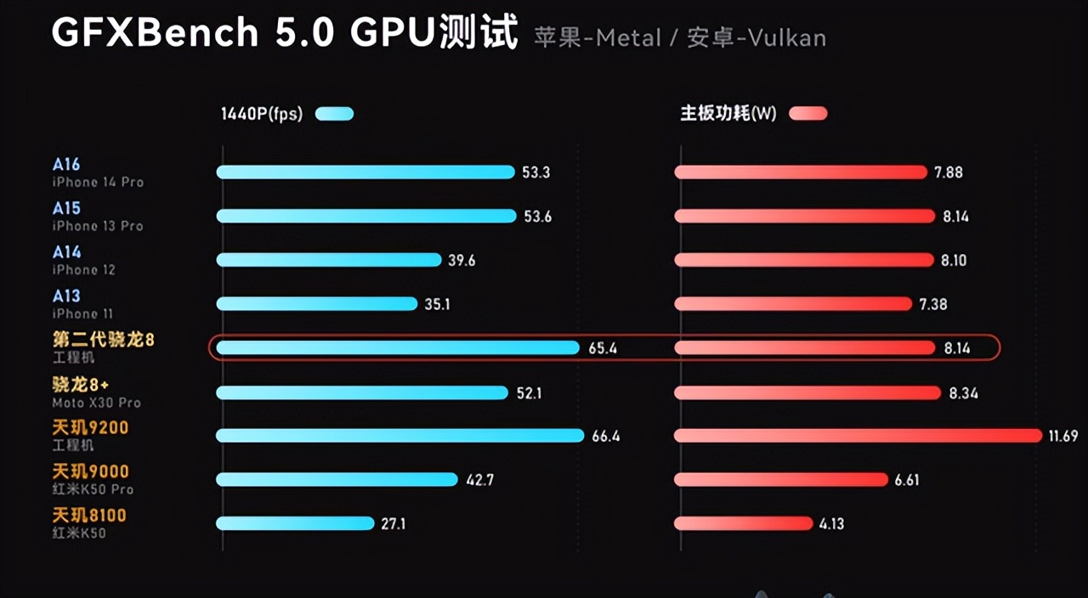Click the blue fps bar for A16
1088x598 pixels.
click(x=365, y=172)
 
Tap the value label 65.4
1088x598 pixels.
click(x=603, y=348)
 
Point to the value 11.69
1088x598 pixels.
click(x=1063, y=437)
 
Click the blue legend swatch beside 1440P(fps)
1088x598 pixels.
click(x=334, y=114)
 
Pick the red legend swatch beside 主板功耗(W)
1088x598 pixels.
click(x=807, y=114)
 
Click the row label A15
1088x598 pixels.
click(x=66, y=208)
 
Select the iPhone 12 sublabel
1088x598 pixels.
click(x=83, y=270)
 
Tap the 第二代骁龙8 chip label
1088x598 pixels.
click(x=104, y=340)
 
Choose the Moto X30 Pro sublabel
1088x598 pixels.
click(x=96, y=403)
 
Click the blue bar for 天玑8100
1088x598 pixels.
click(x=295, y=524)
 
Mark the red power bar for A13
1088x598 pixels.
click(x=792, y=304)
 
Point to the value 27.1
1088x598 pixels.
click(x=393, y=524)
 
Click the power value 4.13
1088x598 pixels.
click(x=831, y=524)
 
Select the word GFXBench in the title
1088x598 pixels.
click(x=155, y=32)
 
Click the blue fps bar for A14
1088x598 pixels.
click(x=329, y=260)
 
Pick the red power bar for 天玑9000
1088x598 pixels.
click(x=780, y=480)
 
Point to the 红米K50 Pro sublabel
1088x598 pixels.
click(x=93, y=490)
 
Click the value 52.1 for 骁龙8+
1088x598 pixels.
click(x=529, y=392)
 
